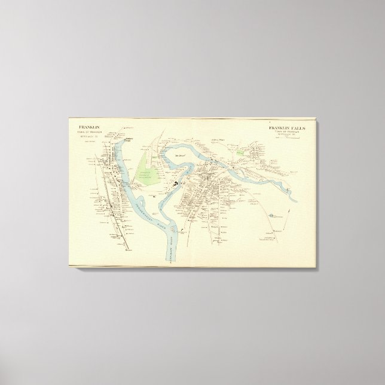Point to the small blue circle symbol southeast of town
point(272,213)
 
